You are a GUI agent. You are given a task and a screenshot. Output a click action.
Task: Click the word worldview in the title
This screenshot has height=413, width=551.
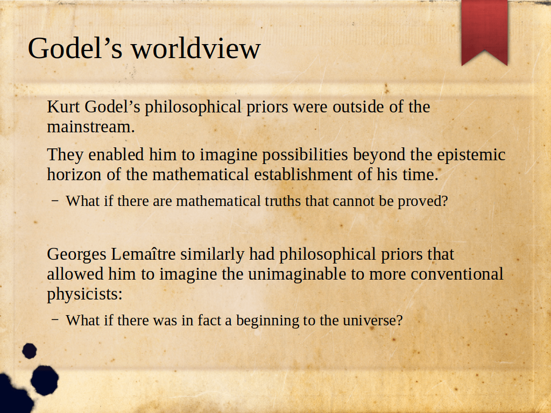[x=196, y=48]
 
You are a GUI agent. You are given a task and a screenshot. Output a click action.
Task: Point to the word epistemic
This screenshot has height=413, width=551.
[x=471, y=155]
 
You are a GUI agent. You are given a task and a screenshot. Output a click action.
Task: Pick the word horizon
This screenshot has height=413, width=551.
[x=74, y=174]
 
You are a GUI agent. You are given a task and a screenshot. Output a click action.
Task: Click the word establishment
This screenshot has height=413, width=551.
[x=303, y=174]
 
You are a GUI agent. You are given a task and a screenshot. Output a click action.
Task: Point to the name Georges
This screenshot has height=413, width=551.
[x=76, y=254]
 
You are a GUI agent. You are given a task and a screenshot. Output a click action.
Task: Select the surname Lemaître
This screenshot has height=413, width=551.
[x=143, y=254]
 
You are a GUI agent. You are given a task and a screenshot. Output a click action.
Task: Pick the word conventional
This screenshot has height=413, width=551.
[x=457, y=274]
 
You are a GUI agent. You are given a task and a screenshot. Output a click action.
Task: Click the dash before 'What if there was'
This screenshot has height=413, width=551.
[x=55, y=319]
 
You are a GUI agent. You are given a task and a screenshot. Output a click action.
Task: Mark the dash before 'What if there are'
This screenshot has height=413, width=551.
[x=55, y=201]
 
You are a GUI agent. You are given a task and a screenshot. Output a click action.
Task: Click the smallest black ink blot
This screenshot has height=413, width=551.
[x=30, y=351]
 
